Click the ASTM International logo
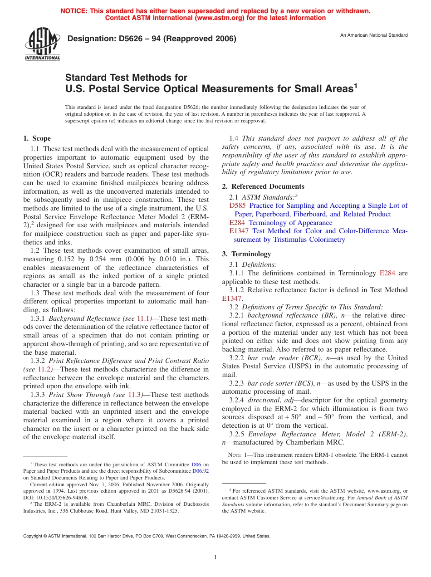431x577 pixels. (42, 44)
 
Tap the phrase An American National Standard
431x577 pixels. (374, 35)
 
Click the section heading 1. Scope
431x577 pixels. (37, 138)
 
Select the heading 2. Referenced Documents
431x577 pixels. (263, 186)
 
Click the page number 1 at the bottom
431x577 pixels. (215, 557)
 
